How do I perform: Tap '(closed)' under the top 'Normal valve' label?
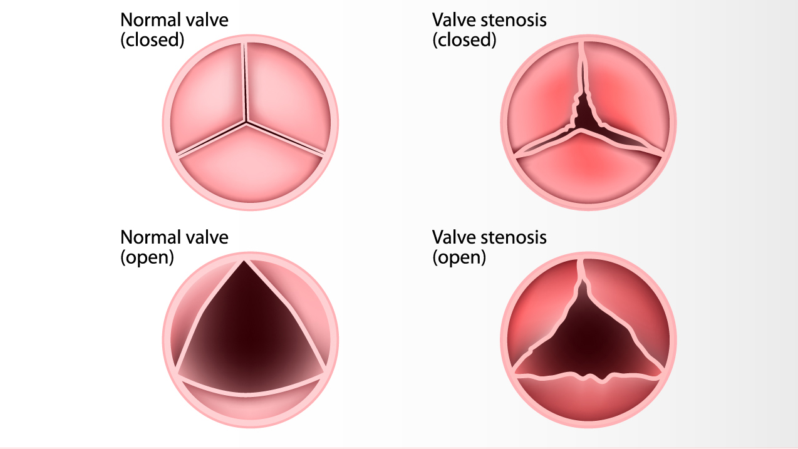(x=152, y=40)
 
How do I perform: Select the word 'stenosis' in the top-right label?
(x=514, y=20)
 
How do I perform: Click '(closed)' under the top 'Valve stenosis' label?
(x=464, y=40)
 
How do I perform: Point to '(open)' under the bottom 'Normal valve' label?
(x=147, y=257)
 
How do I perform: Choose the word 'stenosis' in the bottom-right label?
(x=514, y=237)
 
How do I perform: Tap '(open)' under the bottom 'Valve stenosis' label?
(x=459, y=257)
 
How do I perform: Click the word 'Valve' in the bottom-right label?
(x=454, y=237)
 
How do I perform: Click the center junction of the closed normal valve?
(x=246, y=123)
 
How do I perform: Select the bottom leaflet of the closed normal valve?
(x=250, y=167)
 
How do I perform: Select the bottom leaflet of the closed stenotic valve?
(x=588, y=171)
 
